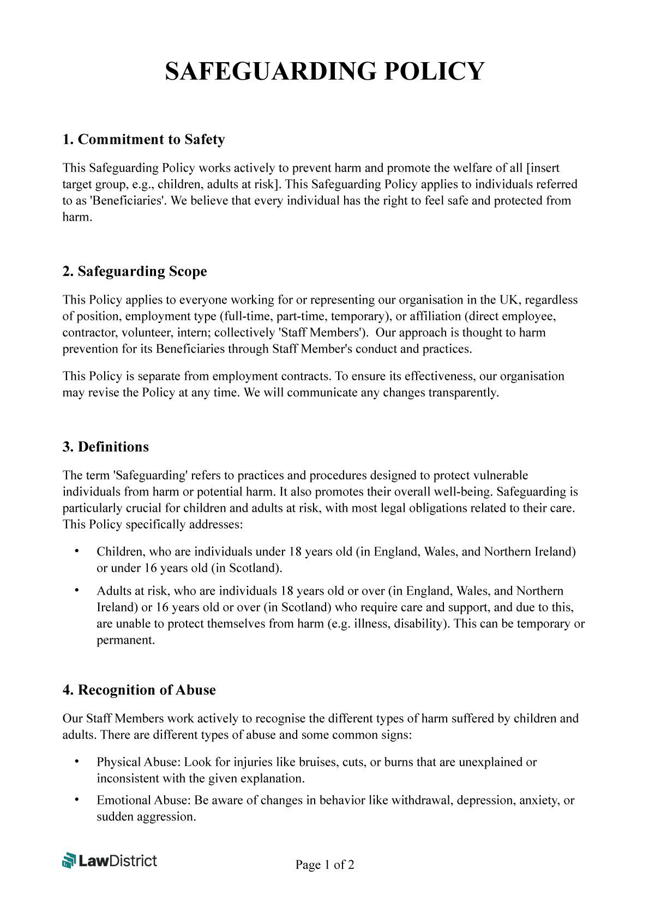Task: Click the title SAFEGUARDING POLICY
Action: point(324,71)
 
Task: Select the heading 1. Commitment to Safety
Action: point(143,140)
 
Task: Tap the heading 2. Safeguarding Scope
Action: point(135,271)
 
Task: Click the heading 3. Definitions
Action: point(105,447)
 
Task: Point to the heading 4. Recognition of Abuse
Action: point(139,690)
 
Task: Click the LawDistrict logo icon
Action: point(69,860)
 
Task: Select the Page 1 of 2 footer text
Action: point(324,865)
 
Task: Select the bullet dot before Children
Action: point(76,551)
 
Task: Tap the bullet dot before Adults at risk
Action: point(76,590)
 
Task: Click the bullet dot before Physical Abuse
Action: point(76,762)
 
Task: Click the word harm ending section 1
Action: point(76,217)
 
